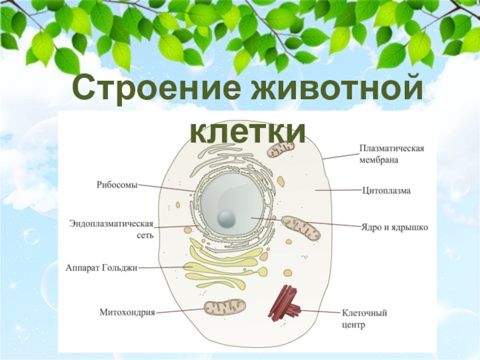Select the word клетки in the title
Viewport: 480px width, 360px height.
[247, 130]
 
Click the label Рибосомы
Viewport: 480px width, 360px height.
[116, 185]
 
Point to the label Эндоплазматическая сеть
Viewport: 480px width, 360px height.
[112, 229]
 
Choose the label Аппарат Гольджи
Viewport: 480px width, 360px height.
[101, 268]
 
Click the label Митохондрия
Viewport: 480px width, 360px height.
[127, 312]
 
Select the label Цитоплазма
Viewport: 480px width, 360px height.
[386, 191]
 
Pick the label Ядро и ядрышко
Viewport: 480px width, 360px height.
[394, 228]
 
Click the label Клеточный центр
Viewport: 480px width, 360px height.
[364, 319]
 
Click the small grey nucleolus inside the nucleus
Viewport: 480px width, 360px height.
[227, 217]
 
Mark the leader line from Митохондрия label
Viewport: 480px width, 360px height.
[180, 311]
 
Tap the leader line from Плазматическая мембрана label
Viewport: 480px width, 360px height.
[340, 155]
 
